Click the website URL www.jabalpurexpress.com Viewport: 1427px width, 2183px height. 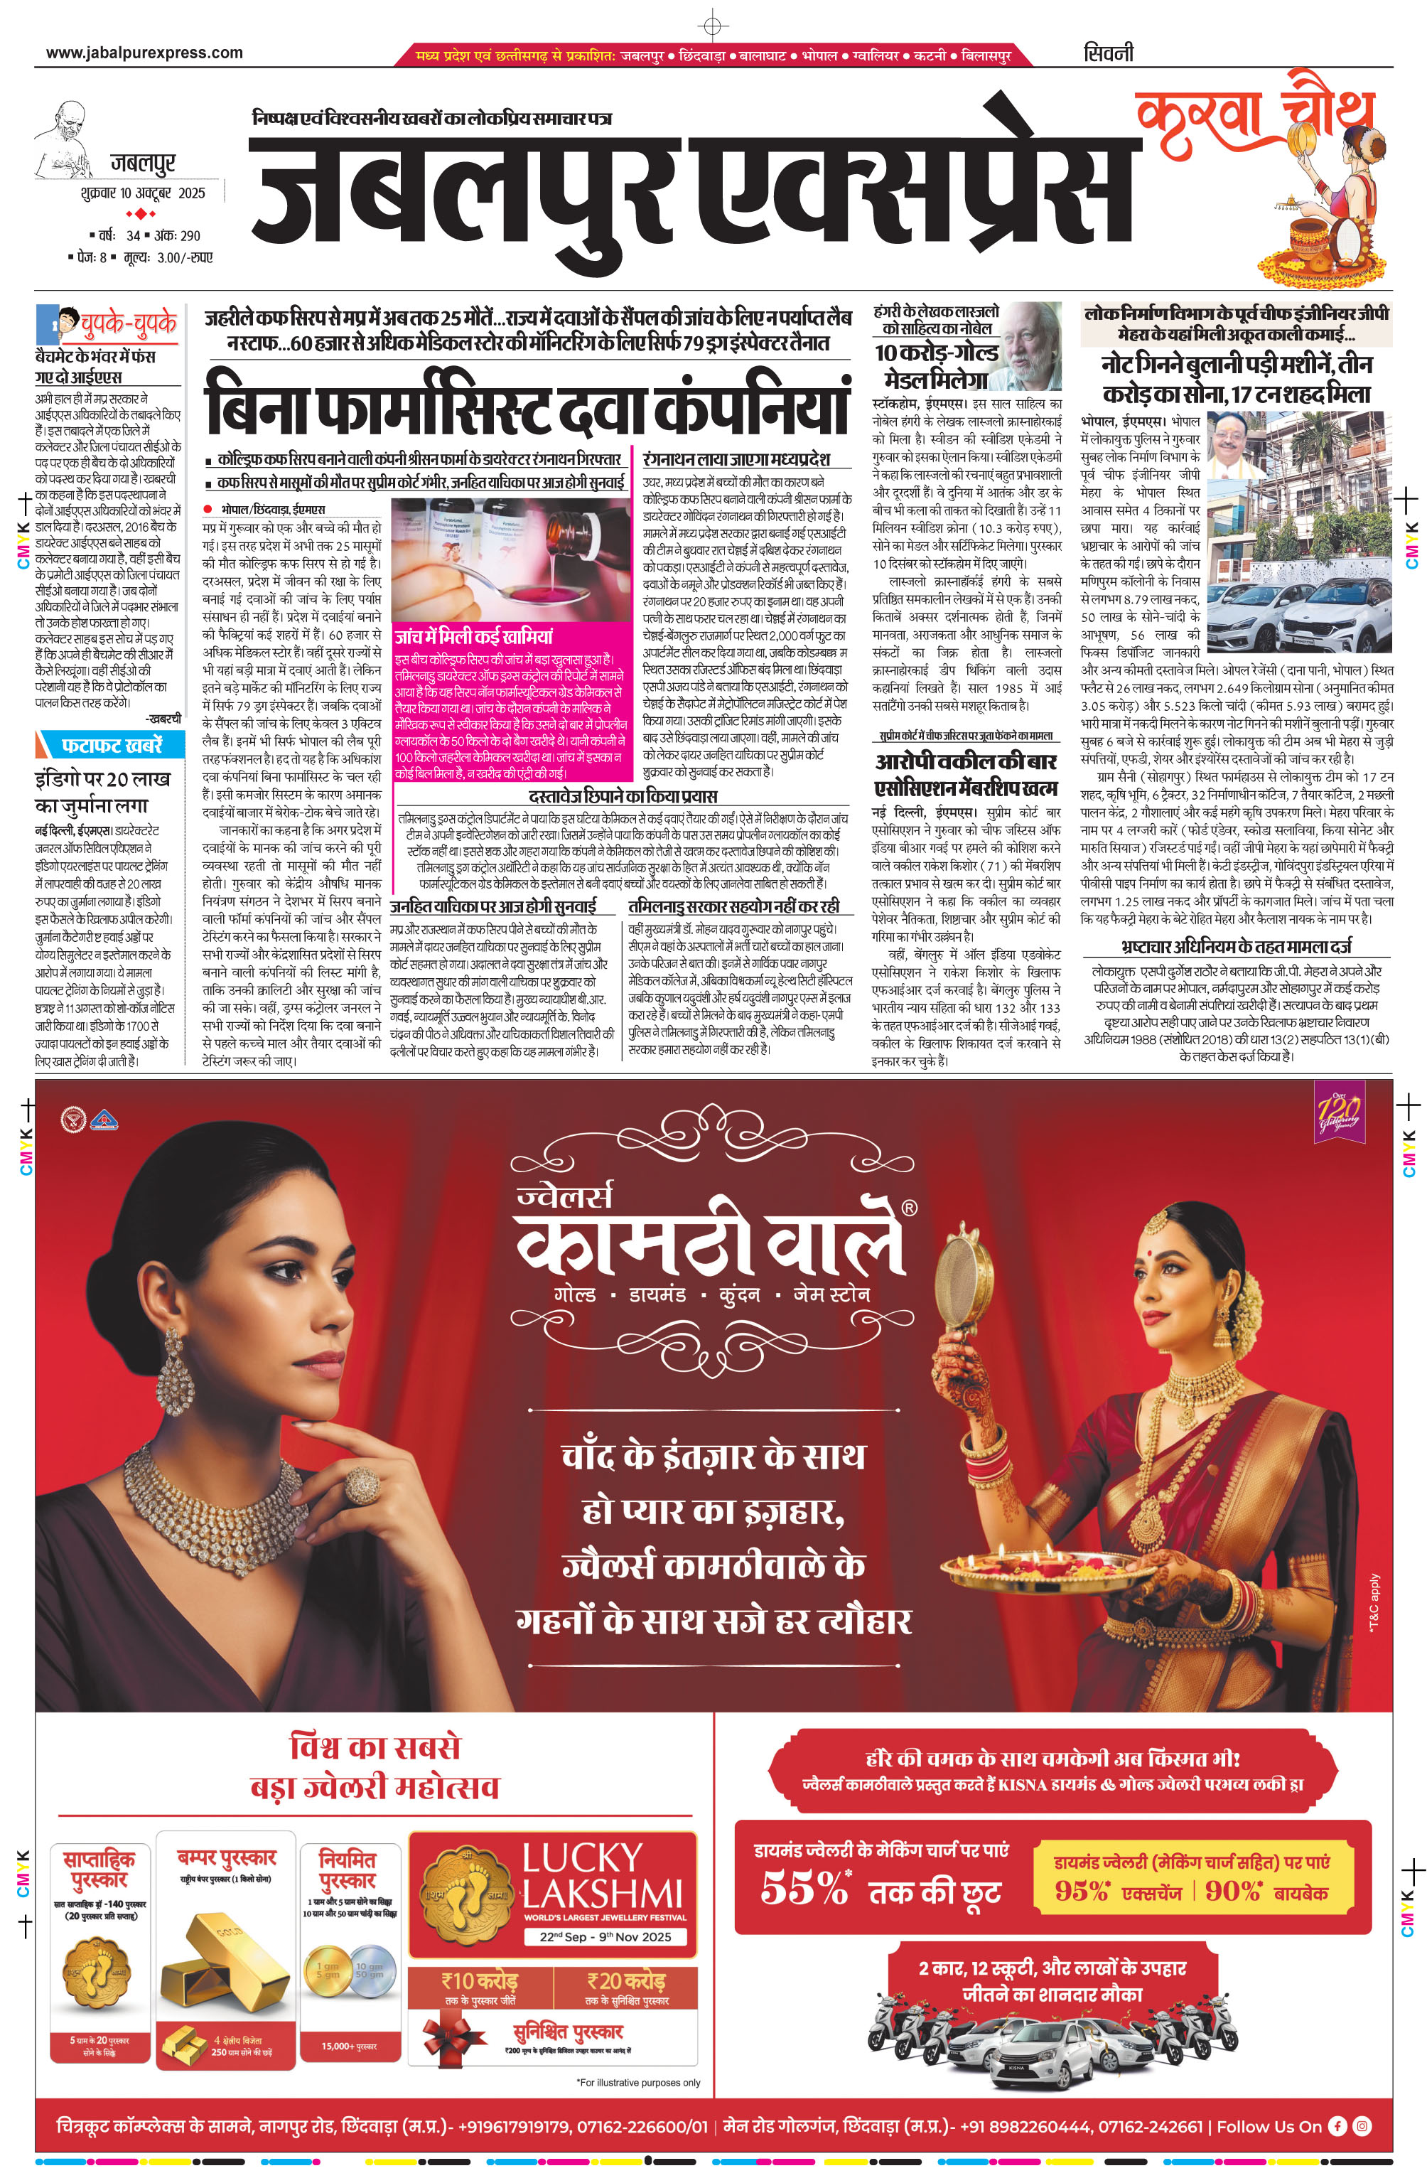pyautogui.click(x=144, y=53)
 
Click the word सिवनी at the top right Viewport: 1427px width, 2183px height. pyautogui.click(x=1108, y=53)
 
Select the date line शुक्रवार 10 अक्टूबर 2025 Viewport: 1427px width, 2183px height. pyautogui.click(x=142, y=193)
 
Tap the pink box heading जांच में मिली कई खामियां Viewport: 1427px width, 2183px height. pyautogui.click(x=473, y=635)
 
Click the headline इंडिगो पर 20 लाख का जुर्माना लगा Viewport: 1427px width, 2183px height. pyautogui.click(x=103, y=792)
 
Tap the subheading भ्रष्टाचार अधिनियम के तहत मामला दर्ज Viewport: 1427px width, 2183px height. pyautogui.click(x=1235, y=945)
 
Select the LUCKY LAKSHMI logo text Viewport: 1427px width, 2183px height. pyautogui.click(x=602, y=1876)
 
